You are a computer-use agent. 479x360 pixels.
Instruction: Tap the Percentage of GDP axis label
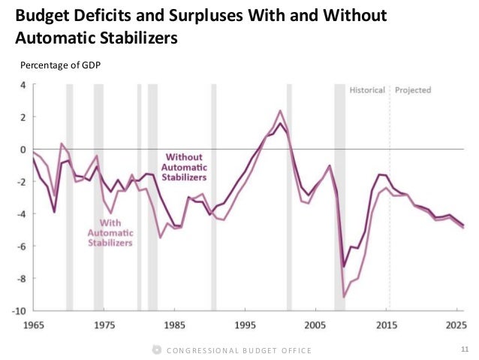(60, 65)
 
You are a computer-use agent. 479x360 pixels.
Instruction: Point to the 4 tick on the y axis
(23, 85)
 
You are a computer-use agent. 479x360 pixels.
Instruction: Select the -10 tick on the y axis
(20, 310)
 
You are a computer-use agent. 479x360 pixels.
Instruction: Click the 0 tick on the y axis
(23, 150)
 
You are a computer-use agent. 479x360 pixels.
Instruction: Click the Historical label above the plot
(367, 90)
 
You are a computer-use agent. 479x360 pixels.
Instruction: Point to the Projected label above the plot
(413, 90)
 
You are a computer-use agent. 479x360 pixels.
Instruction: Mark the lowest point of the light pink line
(345, 297)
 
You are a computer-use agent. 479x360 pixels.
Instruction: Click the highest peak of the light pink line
(280, 110)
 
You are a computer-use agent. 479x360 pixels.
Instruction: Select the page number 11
(462, 349)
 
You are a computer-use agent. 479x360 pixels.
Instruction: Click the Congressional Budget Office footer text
(239, 350)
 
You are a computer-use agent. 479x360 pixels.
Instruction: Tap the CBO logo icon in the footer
(156, 349)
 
